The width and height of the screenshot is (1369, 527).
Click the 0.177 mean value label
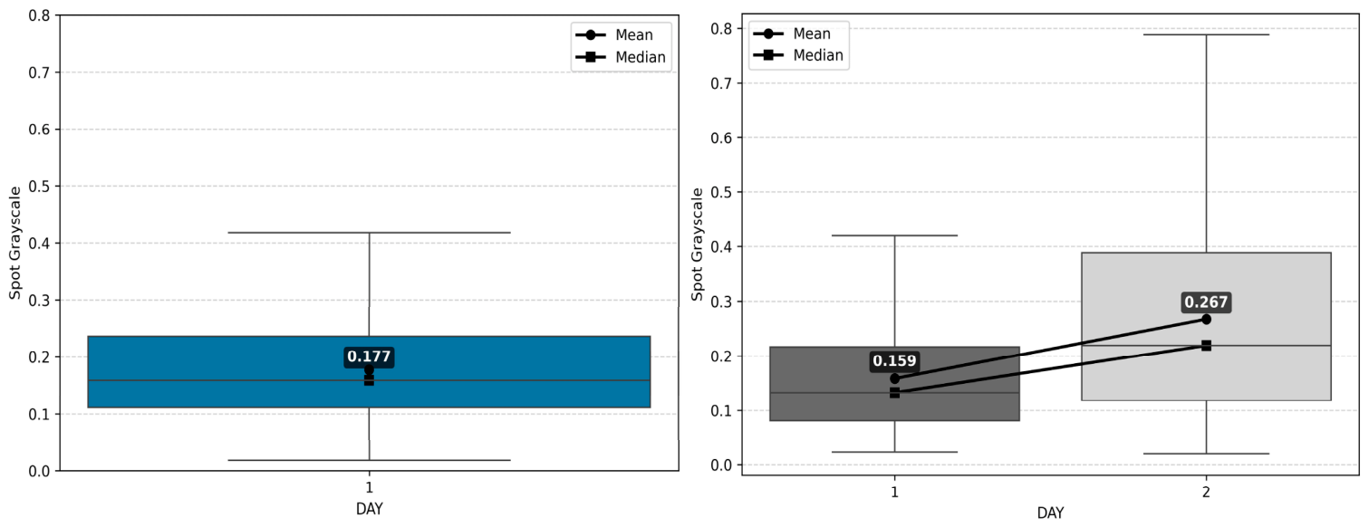(369, 357)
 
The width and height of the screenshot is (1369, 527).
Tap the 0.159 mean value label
(894, 361)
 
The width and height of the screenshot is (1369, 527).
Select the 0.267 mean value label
(1205, 302)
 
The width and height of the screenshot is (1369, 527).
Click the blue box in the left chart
(369, 372)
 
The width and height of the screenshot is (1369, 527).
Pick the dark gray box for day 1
(894, 384)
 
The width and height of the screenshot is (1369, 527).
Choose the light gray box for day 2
(1206, 327)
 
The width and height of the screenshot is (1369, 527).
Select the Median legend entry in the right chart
(798, 55)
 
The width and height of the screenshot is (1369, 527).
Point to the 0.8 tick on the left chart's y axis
(40, 15)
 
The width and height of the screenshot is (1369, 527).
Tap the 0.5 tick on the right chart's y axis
(721, 192)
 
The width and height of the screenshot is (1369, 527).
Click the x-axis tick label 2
(1206, 493)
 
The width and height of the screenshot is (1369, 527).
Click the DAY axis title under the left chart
(369, 509)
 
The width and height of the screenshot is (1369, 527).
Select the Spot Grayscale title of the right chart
(697, 244)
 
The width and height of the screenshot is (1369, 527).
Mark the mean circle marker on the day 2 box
(1206, 320)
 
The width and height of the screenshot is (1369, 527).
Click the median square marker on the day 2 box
(1206, 346)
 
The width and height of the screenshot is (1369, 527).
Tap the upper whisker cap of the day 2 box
(1206, 34)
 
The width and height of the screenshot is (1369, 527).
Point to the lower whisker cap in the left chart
(369, 460)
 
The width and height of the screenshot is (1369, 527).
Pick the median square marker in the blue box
(369, 379)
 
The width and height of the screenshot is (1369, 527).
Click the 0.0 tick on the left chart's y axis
(40, 471)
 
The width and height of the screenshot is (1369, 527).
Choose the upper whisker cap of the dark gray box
(895, 235)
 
